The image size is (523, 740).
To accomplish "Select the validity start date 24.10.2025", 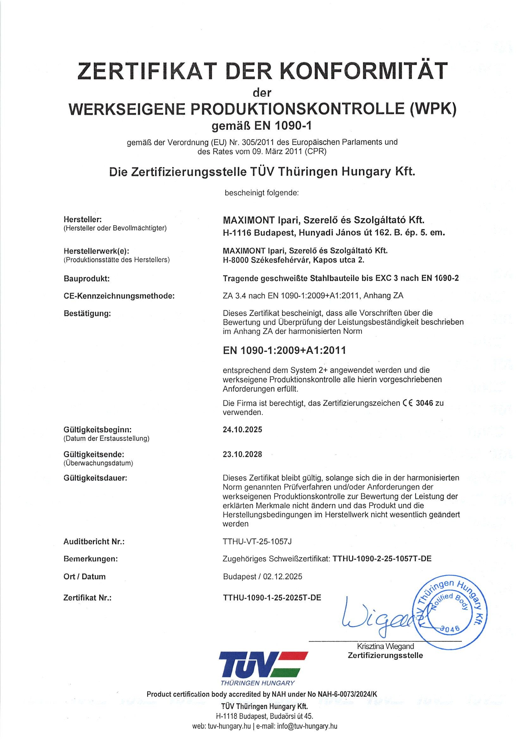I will coord(242,430).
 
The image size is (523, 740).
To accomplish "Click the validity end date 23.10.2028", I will coord(242,455).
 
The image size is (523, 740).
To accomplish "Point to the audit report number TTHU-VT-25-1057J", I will coord(257,542).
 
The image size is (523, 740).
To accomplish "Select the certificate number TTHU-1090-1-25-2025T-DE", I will coord(272,598).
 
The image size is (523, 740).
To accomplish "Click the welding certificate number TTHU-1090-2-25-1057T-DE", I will coord(382,559).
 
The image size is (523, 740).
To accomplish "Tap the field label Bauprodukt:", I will coord(87,279).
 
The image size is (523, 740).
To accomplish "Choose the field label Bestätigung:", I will coord(87,313).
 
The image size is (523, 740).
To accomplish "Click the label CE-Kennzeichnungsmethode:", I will coord(119,296).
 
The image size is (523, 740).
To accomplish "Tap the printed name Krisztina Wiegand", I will coord(385,647).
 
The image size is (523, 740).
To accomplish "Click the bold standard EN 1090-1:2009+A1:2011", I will coord(284,350).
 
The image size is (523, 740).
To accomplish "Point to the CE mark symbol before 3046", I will coord(407,403).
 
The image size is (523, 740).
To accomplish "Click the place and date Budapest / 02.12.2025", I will coord(263,576).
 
